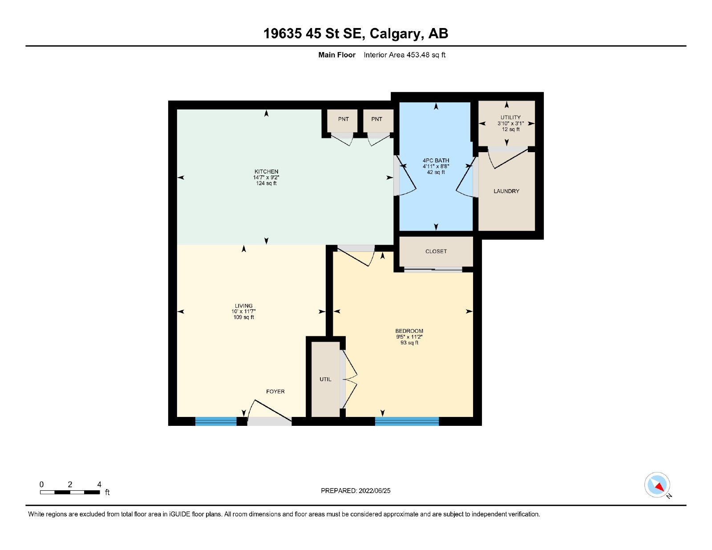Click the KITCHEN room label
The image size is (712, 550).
[266, 171]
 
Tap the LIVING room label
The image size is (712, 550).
[243, 306]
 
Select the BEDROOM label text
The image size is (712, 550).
[409, 331]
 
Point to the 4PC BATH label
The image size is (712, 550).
[436, 160]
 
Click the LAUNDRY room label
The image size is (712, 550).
[506, 191]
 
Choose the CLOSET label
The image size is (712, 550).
[436, 251]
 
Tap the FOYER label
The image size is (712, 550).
[275, 392]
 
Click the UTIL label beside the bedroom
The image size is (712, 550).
[325, 379]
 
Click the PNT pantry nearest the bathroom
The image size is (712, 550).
[376, 119]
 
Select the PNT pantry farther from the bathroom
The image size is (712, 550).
[344, 119]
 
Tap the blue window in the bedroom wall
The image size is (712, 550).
[407, 421]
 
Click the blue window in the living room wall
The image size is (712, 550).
[215, 421]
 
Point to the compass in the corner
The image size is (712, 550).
[657, 485]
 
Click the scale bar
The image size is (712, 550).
[70, 492]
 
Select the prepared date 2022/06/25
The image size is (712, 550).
[375, 491]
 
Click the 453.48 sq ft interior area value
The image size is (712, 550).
[425, 55]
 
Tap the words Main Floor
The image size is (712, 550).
[337, 55]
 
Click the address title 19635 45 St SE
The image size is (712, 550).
[312, 33]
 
